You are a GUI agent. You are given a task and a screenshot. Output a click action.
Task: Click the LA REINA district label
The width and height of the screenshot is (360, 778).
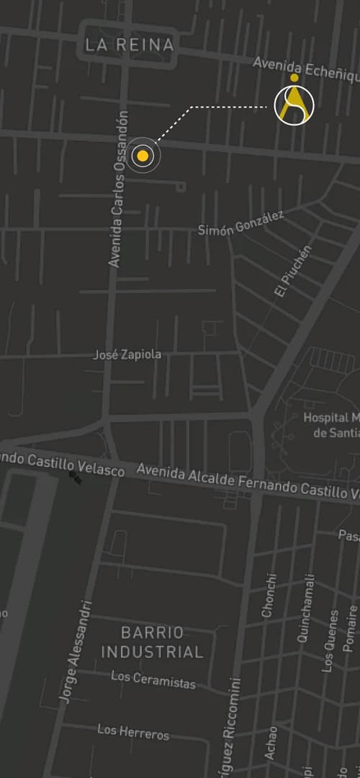[x=130, y=45]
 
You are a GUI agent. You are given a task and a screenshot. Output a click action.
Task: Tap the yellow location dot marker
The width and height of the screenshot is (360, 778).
[x=143, y=156]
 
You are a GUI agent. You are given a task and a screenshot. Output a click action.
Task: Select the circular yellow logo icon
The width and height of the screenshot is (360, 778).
[x=294, y=105]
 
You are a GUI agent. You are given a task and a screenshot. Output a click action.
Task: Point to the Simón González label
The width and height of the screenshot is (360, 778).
[x=240, y=223]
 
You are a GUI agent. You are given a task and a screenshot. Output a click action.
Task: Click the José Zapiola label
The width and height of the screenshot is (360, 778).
[x=127, y=355]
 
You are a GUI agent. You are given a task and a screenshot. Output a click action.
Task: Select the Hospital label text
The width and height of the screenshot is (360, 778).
[x=331, y=425]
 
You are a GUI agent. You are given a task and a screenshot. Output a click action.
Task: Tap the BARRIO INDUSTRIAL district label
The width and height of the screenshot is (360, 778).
[x=152, y=643]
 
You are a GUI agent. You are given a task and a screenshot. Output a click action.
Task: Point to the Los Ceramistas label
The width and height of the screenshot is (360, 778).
[x=153, y=679]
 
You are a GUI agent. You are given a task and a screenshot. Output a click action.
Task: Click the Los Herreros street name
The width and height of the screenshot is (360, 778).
[x=133, y=732]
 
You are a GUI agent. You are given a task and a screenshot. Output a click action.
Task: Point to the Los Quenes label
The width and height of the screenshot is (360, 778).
[x=330, y=641]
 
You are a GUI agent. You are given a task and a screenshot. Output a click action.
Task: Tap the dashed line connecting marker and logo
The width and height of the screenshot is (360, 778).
[x=216, y=108]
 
